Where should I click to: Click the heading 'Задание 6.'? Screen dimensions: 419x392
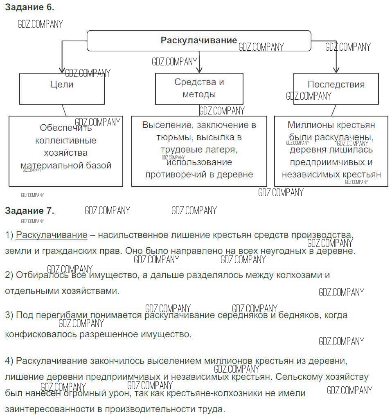coord(29,7)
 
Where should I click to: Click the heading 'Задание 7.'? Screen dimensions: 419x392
coord(29,211)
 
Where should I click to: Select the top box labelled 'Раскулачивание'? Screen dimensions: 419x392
coord(199,40)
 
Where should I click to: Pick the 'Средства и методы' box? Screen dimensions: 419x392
coord(199,88)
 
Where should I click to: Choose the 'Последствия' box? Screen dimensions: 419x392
coord(336,85)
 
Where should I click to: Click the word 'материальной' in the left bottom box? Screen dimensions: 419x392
coord(45,165)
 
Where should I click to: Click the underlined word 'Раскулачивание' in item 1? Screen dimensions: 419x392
coord(52,235)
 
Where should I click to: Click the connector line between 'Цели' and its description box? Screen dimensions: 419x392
coord(64,110)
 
